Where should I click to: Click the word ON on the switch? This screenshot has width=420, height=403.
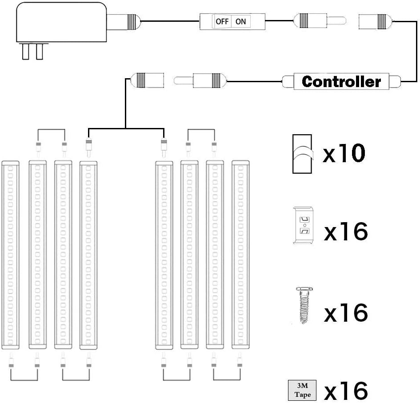click(x=240, y=21)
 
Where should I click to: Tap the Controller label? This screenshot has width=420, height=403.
click(x=341, y=82)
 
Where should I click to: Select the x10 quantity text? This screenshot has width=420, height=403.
click(x=344, y=154)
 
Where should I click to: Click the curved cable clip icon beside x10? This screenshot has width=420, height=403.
click(x=302, y=154)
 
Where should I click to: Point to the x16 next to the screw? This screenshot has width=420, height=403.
click(x=345, y=313)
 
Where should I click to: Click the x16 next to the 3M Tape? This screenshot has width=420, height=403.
click(x=345, y=391)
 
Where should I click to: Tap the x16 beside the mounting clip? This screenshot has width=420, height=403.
click(x=345, y=232)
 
